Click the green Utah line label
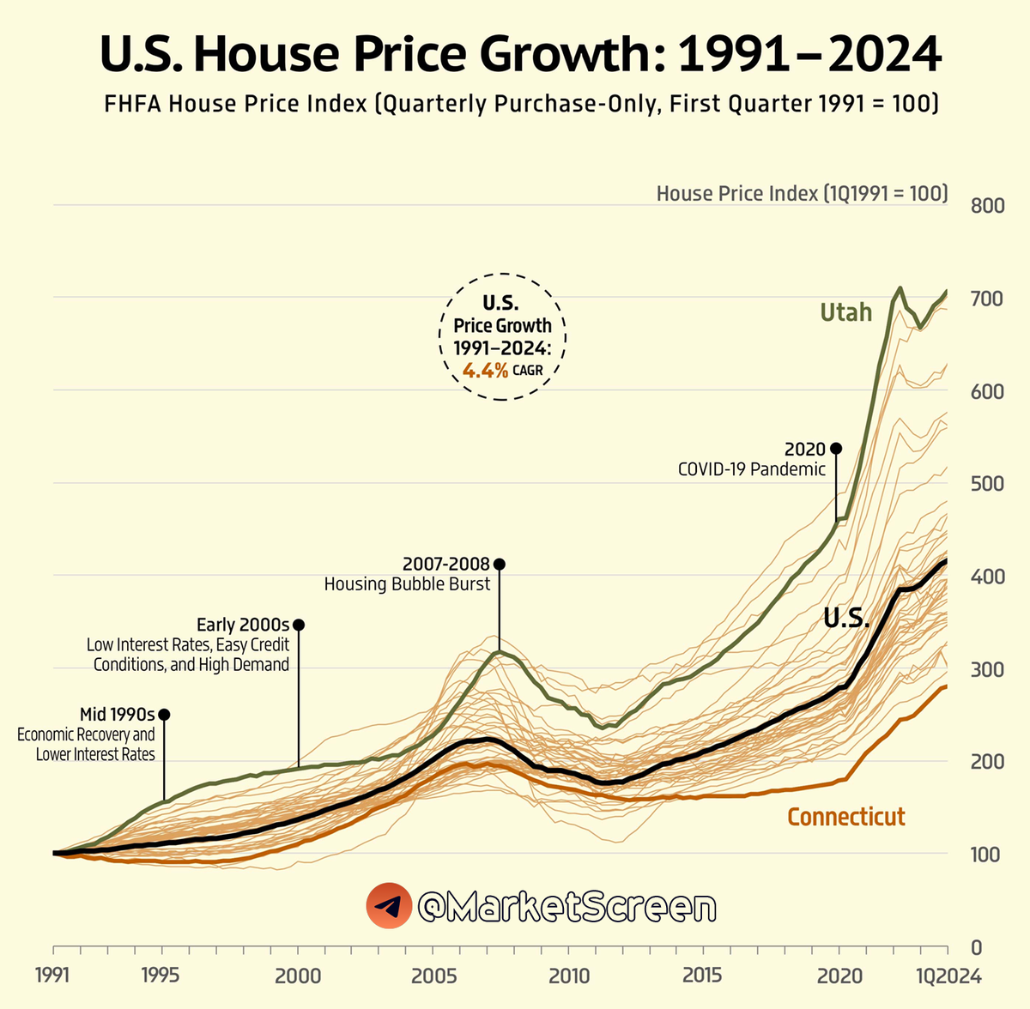tap(845, 312)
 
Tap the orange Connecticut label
tap(845, 816)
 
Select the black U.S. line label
tap(846, 618)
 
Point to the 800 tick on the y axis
tap(987, 206)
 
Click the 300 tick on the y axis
tap(987, 669)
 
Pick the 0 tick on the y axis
tap(976, 948)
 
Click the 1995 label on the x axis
tap(161, 976)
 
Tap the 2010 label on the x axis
tap(569, 976)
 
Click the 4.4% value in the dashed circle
tap(485, 371)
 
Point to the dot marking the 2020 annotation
tap(836, 449)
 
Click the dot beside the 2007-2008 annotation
tap(499, 564)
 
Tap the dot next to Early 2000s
tap(298, 625)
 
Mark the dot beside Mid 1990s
tap(164, 715)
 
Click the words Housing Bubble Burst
tap(407, 584)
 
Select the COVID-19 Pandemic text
tap(751, 469)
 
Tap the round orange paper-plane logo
tap(389, 906)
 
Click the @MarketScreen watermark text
tap(566, 907)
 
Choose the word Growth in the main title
tap(566, 55)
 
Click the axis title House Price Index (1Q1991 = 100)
tap(802, 194)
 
